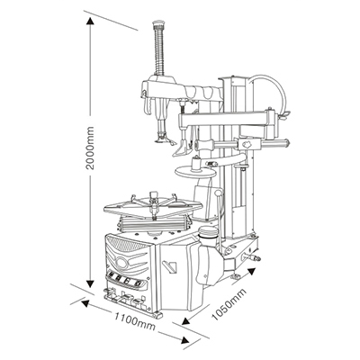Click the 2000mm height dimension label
click(90, 148)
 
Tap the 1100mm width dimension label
click(135, 320)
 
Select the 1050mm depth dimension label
click(229, 304)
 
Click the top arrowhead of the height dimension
click(90, 22)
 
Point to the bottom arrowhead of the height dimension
click(90, 283)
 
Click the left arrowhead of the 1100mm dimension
click(85, 303)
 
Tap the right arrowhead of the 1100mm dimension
click(185, 340)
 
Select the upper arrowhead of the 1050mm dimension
click(251, 273)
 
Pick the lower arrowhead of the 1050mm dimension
click(186, 320)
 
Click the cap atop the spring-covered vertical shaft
click(159, 24)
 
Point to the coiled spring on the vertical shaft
click(158, 51)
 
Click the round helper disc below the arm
click(195, 172)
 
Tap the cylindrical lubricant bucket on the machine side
click(208, 237)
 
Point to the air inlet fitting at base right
click(251, 257)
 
